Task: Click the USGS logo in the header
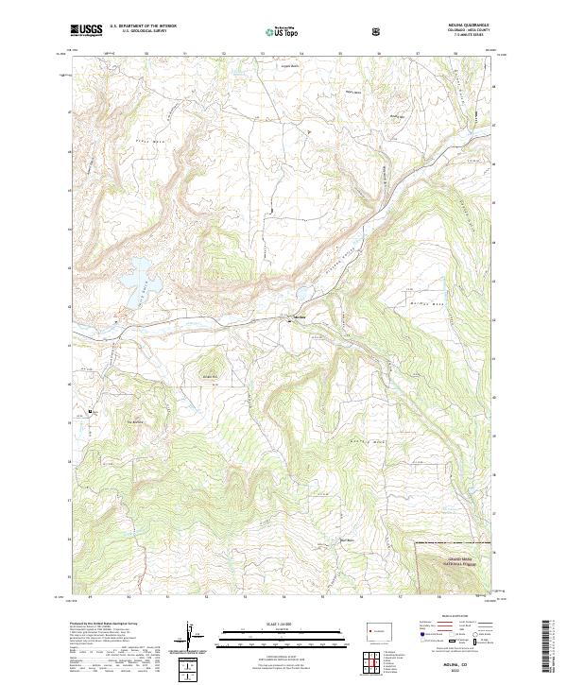[86, 31]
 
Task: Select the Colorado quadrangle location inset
[375, 627]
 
